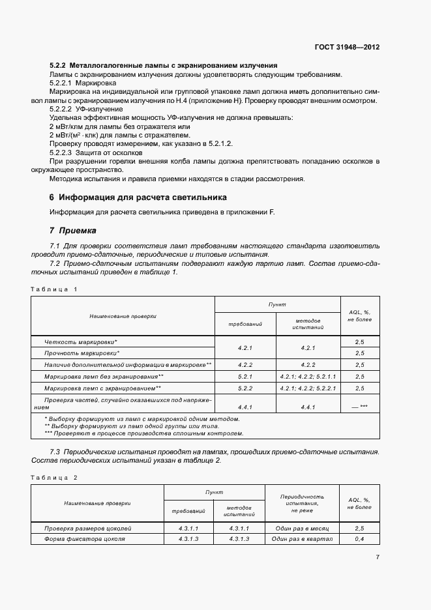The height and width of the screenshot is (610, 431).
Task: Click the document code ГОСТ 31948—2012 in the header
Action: (x=348, y=48)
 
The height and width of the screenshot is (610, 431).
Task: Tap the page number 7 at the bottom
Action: (x=378, y=557)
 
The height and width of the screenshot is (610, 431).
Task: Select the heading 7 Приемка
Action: (x=73, y=230)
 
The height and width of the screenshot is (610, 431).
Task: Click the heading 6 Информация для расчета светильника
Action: (x=139, y=197)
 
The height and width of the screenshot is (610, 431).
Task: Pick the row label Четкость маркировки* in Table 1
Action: (x=81, y=341)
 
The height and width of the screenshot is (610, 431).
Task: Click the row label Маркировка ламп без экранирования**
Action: (x=104, y=377)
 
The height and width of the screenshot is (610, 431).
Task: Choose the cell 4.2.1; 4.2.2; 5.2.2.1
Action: (x=308, y=388)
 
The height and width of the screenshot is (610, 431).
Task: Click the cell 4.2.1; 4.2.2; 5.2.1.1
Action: (x=308, y=377)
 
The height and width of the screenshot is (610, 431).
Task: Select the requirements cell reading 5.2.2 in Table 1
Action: (x=245, y=388)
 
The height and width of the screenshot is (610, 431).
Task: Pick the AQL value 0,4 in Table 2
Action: (x=359, y=539)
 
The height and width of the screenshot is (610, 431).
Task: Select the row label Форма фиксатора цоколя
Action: (x=85, y=539)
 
